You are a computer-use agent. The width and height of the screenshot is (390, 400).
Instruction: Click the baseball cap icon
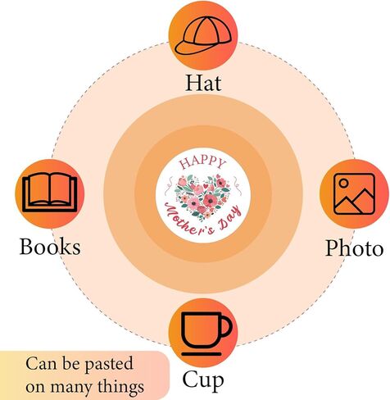pyautogui.click(x=203, y=35)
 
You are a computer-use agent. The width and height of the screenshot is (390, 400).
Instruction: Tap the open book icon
pyautogui.click(x=49, y=193)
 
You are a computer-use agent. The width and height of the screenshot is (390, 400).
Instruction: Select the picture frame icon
pyautogui.click(x=354, y=193)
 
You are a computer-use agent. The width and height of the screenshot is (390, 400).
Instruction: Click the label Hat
pyautogui.click(x=203, y=83)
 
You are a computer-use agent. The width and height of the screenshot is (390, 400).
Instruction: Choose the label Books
pyautogui.click(x=50, y=247)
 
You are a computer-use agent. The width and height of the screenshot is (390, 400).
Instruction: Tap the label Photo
pyautogui.click(x=354, y=248)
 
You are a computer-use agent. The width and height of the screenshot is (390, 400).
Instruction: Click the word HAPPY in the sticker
pyautogui.click(x=202, y=162)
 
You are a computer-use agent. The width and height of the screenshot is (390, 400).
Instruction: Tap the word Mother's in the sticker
pyautogui.click(x=188, y=220)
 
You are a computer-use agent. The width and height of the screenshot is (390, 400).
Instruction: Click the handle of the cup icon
pyautogui.click(x=227, y=326)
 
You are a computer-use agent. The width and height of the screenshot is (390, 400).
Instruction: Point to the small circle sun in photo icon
pyautogui.click(x=344, y=183)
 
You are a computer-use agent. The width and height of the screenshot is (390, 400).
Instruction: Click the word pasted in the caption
pyautogui.click(x=109, y=365)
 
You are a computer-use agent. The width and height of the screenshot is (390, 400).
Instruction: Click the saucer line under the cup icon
pyautogui.click(x=202, y=354)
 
